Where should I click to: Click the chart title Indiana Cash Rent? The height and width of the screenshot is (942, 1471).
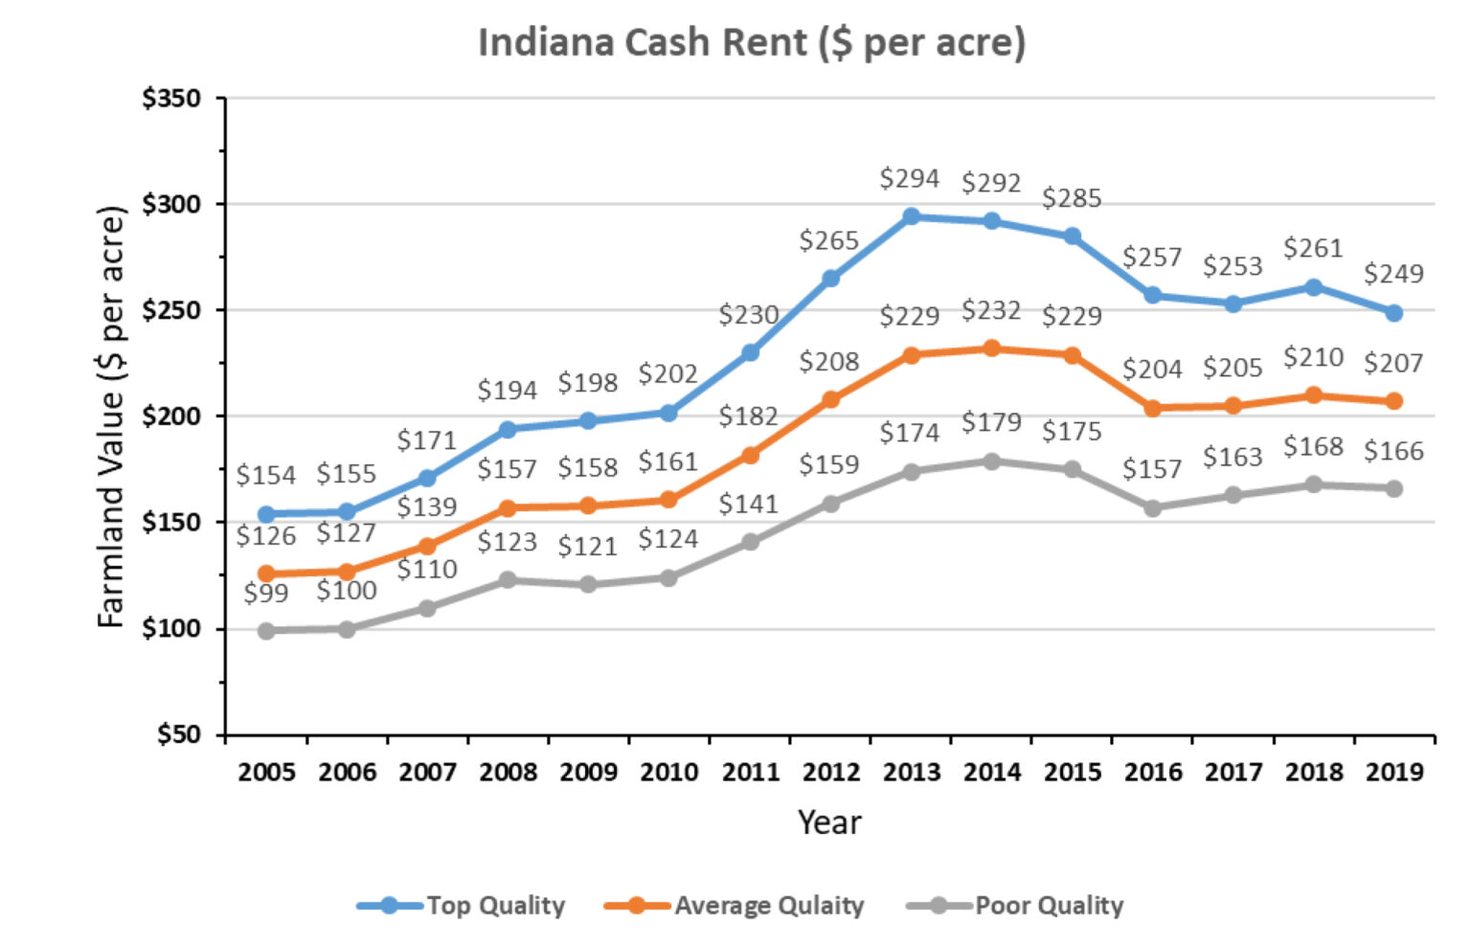pos(751,43)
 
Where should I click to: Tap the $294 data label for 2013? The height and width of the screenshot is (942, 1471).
pos(909,179)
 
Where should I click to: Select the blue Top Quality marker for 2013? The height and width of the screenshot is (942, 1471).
pos(911,216)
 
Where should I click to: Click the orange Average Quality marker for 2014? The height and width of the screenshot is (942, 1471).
pos(991,348)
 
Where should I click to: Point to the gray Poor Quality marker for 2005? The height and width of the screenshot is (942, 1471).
pos(266,631)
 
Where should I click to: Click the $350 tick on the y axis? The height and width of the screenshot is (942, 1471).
pos(171,99)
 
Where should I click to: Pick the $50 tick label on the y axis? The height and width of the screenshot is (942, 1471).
pos(178,735)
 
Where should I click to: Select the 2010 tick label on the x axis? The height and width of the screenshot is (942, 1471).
pos(668,772)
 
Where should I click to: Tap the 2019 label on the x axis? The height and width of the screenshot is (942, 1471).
pos(1394,772)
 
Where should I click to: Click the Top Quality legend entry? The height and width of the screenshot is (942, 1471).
pos(461,906)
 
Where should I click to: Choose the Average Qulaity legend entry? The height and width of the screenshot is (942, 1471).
pos(735,906)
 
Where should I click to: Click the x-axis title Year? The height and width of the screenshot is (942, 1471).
pos(829,822)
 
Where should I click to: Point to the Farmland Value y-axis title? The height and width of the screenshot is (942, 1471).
pos(111,416)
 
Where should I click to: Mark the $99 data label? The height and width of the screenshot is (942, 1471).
pos(265,594)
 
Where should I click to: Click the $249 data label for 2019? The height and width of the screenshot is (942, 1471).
pos(1393,274)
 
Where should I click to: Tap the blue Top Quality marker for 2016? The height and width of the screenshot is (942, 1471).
pos(1152,296)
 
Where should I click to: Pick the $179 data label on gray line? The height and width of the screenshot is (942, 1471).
pos(991,422)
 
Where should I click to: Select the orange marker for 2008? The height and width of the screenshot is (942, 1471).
pos(508,508)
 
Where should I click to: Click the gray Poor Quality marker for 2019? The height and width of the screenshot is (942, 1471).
pos(1393,488)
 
